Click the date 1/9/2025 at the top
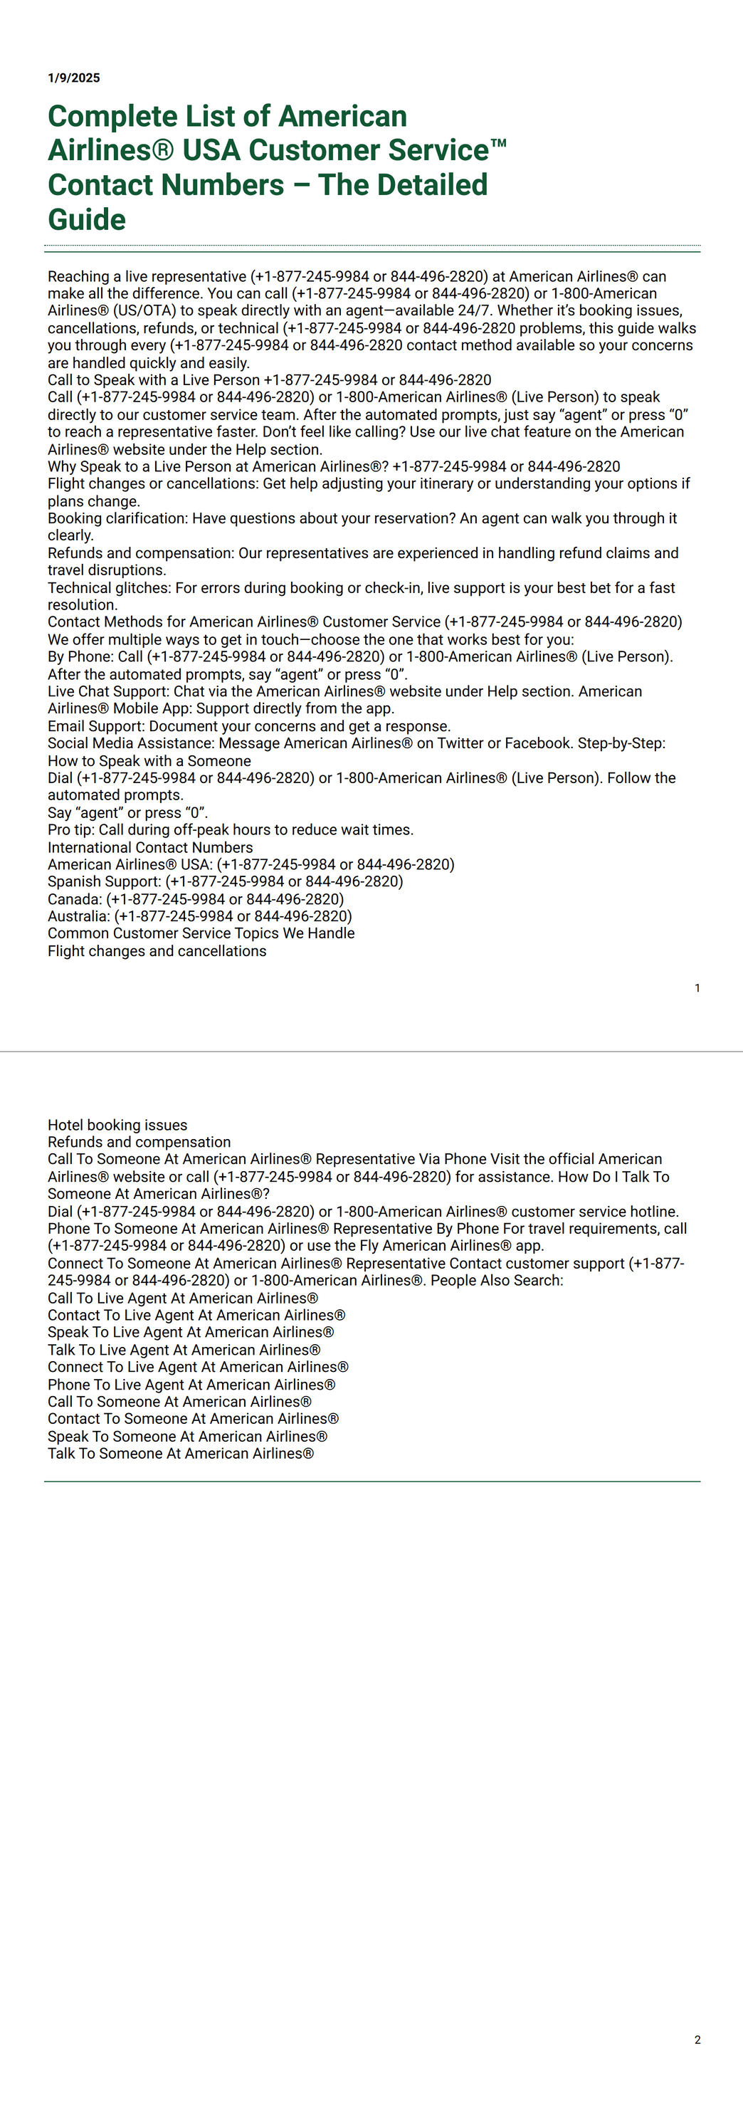pos(73,78)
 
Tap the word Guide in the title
pos(87,219)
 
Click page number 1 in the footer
pos(697,988)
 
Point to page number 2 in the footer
pos(697,2040)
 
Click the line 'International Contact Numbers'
pos(150,847)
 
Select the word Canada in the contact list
pos(74,899)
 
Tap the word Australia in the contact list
pos(78,916)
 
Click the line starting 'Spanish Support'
pos(224,881)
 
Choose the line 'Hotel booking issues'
pos(117,1125)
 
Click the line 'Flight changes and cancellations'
pos(157,951)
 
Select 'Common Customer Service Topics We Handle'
pos(201,933)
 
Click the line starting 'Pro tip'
pos(231,829)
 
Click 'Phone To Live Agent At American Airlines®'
pos(191,1385)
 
